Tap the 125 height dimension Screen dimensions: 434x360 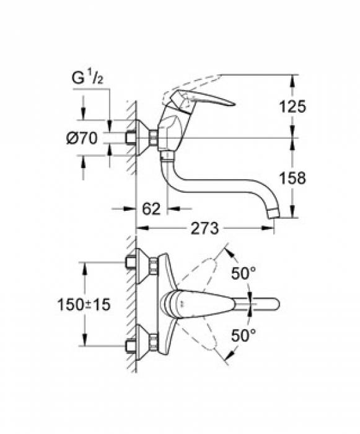tap(292, 106)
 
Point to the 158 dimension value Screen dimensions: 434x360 tap(292, 178)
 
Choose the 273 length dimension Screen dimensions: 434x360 tap(204, 229)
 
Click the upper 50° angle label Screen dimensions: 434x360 tap(244, 273)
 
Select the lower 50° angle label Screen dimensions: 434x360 tap(244, 335)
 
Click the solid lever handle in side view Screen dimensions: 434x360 tap(208, 99)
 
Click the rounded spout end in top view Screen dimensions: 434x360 tap(273, 304)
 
